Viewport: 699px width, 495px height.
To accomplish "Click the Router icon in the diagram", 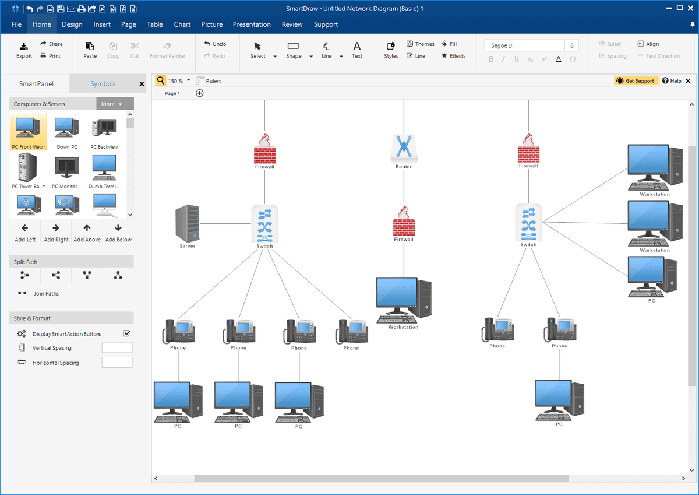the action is tap(404, 148).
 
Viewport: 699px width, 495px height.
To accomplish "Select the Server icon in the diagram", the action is tap(187, 223).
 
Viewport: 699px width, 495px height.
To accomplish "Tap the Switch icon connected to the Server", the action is tap(264, 224).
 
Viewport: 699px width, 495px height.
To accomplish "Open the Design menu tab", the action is tap(72, 24).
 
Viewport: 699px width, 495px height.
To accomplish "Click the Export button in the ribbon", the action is tap(24, 50).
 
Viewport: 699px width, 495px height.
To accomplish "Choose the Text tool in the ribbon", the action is tap(357, 50).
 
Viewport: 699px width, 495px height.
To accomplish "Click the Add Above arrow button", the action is tap(87, 233).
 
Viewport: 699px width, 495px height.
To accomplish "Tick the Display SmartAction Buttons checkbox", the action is tap(126, 333).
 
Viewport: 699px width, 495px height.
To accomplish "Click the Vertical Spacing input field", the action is tap(117, 347).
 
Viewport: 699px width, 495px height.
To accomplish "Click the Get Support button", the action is tap(636, 81).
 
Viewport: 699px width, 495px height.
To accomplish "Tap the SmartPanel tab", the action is tap(36, 84).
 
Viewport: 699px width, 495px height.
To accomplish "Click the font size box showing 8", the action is tap(571, 45).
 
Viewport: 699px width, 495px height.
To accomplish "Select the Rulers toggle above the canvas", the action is tap(209, 81).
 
